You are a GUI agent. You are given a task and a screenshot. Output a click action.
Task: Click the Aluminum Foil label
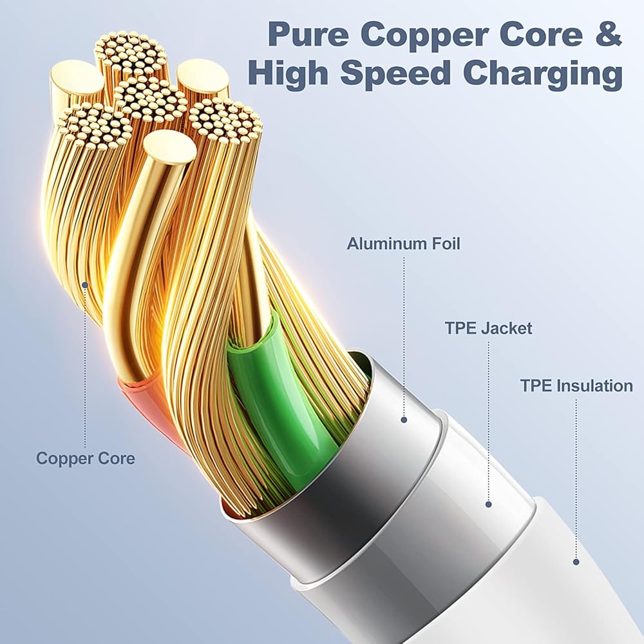click(x=404, y=244)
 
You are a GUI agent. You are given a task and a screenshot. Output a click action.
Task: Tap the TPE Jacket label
click(x=488, y=328)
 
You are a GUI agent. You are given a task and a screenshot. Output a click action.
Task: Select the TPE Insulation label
click(x=576, y=386)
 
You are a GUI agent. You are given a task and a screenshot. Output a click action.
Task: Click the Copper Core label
click(x=86, y=459)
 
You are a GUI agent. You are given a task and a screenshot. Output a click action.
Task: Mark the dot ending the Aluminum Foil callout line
click(x=404, y=419)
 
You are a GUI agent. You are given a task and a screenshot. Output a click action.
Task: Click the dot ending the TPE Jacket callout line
click(x=488, y=504)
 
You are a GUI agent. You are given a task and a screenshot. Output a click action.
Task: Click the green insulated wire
click(x=283, y=393)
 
